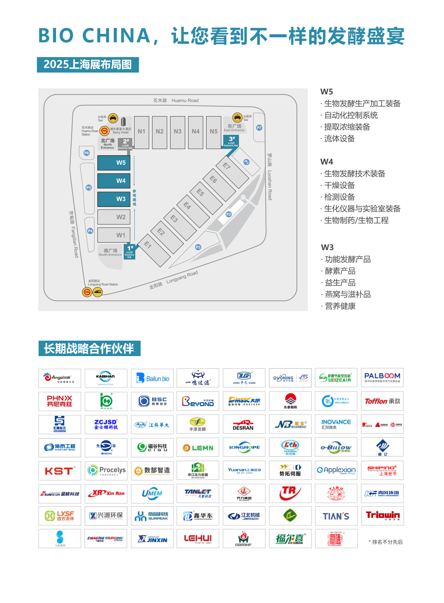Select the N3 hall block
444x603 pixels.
click(178, 132)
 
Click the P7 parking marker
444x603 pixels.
click(259, 128)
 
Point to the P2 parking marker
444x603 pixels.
click(229, 214)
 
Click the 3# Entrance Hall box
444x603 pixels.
click(231, 141)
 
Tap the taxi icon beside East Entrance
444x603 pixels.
click(237, 118)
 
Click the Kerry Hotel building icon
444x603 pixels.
click(123, 122)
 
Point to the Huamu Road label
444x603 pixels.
click(176, 100)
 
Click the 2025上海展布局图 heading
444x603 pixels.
click(88, 64)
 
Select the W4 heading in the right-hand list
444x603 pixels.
click(327, 162)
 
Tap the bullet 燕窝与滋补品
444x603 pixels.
click(347, 295)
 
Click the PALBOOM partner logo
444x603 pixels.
click(382, 378)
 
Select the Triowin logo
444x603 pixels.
click(382, 516)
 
